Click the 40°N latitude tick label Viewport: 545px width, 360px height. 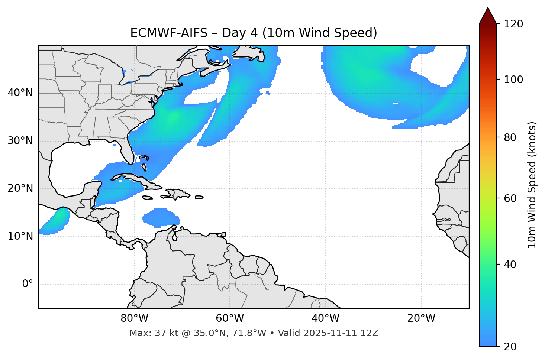tap(20, 93)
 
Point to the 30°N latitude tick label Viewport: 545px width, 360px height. tap(20, 141)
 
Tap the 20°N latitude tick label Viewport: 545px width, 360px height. tap(20, 188)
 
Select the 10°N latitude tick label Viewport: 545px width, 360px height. tap(20, 236)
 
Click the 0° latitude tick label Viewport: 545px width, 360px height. tap(28, 284)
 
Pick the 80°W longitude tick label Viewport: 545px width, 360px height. tap(134, 318)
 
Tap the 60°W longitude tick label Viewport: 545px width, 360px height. tap(230, 318)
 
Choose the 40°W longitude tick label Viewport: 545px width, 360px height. tap(325, 318)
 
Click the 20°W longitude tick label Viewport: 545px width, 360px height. tap(421, 318)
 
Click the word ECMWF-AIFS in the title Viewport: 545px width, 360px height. tap(169, 33)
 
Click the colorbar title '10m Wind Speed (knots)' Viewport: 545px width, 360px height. tap(532, 185)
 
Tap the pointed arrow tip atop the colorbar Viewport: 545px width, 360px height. tap(488, 8)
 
